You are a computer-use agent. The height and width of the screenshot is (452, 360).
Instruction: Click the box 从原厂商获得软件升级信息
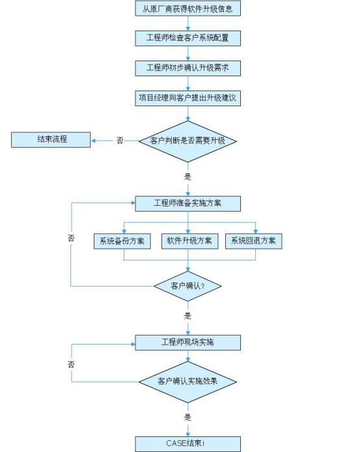(188, 8)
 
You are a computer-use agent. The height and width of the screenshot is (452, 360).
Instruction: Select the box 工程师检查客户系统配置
(188, 38)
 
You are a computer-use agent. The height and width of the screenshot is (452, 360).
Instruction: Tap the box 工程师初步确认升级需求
(188, 68)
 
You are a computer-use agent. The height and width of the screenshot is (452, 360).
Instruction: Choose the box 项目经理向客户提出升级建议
(188, 98)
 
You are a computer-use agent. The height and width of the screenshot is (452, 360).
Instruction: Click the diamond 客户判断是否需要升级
(188, 141)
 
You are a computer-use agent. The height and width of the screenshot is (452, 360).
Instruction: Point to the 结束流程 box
(51, 140)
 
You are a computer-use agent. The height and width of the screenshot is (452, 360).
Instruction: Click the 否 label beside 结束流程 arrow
(120, 141)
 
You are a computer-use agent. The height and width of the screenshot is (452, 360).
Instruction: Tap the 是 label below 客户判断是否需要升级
(187, 177)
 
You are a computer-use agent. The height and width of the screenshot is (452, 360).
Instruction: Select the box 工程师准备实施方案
(188, 203)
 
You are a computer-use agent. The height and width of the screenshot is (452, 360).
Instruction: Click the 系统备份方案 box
(122, 241)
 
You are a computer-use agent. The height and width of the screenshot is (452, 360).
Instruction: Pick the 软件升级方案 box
(189, 241)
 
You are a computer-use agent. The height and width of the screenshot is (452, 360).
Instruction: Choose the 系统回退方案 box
(254, 241)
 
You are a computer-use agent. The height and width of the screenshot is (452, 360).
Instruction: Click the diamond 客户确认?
(187, 286)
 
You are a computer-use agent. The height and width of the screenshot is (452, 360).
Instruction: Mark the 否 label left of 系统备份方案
(71, 238)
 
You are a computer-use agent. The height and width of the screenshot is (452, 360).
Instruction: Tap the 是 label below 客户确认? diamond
(187, 316)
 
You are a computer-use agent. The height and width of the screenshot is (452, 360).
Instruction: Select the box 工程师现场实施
(188, 343)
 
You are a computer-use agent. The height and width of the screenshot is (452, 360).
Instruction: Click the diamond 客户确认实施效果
(188, 382)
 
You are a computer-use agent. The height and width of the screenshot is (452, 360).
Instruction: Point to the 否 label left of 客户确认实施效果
(71, 364)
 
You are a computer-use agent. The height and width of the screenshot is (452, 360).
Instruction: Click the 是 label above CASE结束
(187, 417)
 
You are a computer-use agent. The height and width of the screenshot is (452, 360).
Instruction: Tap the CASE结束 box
(188, 444)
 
